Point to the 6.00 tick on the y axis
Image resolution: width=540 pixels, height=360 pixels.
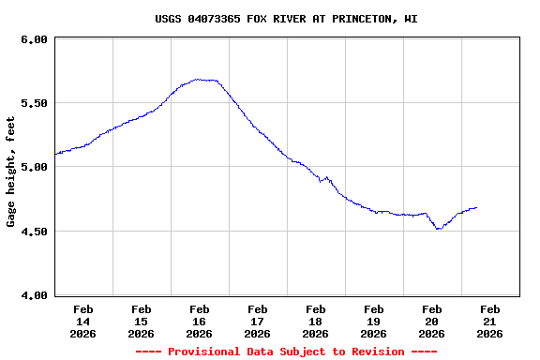tap(34, 39)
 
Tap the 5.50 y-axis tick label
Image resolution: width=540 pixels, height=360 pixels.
tap(34, 103)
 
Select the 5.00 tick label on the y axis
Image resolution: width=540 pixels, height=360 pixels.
tap(34, 167)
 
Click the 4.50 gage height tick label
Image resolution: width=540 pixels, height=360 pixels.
tap(34, 231)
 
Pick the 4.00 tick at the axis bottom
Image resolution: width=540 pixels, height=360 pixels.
tap(34, 295)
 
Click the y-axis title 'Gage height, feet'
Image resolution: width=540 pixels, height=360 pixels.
tap(11, 172)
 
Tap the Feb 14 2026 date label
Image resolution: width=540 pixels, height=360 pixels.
tap(82, 321)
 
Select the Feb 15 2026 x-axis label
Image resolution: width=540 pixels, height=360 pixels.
tap(141, 321)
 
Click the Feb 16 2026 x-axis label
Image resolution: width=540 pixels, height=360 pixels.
tap(199, 321)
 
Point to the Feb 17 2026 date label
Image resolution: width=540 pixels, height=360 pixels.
tap(257, 321)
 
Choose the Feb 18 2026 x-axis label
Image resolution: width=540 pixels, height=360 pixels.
tap(315, 321)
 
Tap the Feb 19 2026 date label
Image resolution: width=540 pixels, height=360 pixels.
tap(373, 321)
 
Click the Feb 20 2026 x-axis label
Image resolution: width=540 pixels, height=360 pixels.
tap(431, 321)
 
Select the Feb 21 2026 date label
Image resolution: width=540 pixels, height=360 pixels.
tap(489, 321)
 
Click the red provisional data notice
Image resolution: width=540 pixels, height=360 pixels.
tap(286, 352)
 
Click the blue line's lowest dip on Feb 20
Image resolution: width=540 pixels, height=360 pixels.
tap(438, 229)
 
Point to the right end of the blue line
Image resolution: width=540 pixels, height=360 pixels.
tap(476, 207)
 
